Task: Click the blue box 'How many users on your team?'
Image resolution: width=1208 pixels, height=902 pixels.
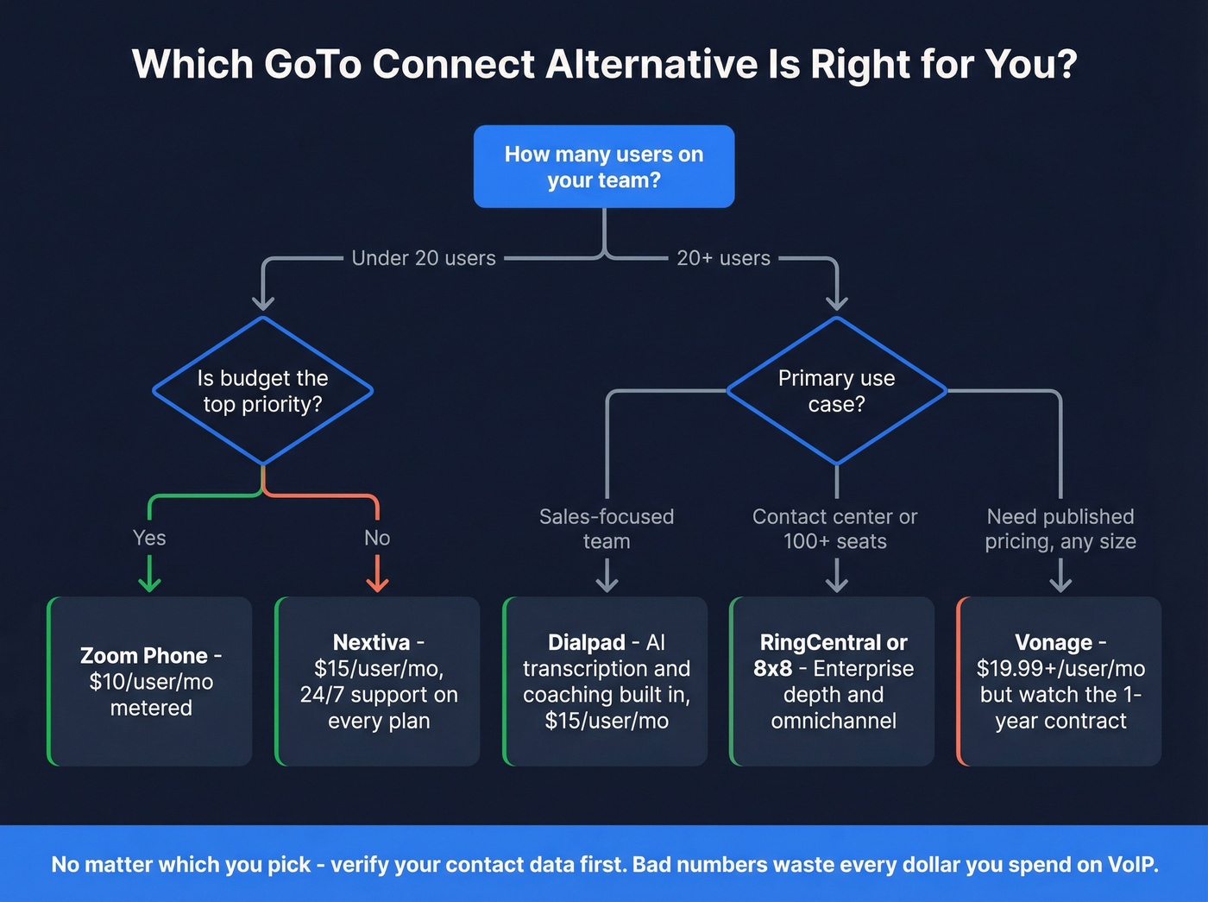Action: [604, 167]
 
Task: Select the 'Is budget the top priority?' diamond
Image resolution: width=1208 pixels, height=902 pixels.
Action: [262, 391]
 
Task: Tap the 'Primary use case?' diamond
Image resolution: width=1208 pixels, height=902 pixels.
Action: [836, 391]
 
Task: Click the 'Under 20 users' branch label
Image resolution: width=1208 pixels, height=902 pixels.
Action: [423, 258]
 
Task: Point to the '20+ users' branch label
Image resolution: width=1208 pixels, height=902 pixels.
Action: [723, 258]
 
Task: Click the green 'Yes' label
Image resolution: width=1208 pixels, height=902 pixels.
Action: [149, 538]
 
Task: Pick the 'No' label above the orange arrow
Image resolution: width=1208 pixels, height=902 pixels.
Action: [377, 538]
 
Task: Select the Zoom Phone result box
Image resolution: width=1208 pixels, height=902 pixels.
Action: [151, 681]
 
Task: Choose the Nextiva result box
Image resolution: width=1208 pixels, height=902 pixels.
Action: [378, 681]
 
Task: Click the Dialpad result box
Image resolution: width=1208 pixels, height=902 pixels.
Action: [606, 681]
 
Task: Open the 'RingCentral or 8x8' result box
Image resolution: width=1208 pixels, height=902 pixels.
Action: [833, 681]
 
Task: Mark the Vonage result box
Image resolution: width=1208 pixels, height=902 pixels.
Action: [1060, 681]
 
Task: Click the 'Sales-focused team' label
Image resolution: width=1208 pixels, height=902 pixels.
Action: [606, 528]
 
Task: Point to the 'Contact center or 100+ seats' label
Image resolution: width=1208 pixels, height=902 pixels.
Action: [834, 528]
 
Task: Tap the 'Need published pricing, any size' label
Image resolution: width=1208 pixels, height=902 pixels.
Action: [1060, 528]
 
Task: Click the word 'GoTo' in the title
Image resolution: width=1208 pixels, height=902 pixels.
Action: [312, 65]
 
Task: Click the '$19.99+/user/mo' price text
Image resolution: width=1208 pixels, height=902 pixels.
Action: [1060, 669]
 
